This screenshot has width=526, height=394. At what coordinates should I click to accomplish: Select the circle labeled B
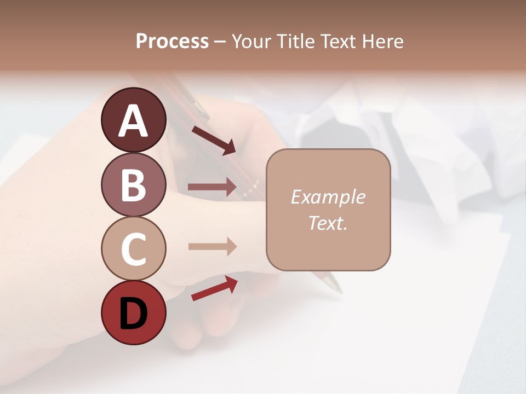coord(133,184)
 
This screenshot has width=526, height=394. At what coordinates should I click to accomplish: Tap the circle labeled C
coord(133,248)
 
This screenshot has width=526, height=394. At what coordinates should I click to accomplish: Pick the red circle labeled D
coord(133,313)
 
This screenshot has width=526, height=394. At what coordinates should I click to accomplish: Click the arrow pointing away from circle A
coord(213,140)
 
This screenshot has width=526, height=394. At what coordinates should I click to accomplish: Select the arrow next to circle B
coord(212,187)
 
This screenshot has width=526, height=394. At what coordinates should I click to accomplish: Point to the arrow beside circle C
coord(212,246)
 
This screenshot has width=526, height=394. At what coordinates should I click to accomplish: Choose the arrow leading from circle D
coord(214,288)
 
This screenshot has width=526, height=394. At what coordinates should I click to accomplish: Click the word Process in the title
coord(172,42)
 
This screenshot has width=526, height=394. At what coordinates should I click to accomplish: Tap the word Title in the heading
coord(296,42)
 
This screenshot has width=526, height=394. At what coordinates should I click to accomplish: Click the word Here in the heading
coord(382,42)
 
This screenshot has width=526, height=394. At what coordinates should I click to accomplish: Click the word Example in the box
coord(328,197)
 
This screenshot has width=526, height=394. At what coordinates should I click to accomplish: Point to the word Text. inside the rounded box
coord(328,223)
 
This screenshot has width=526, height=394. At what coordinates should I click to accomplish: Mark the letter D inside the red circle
coord(133,314)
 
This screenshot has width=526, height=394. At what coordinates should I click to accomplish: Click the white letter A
coord(133,121)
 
